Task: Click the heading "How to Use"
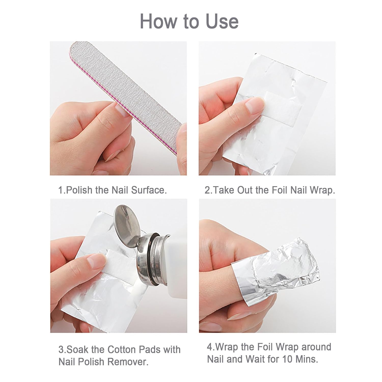pos(189,21)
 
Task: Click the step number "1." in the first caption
pos(62,190)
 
